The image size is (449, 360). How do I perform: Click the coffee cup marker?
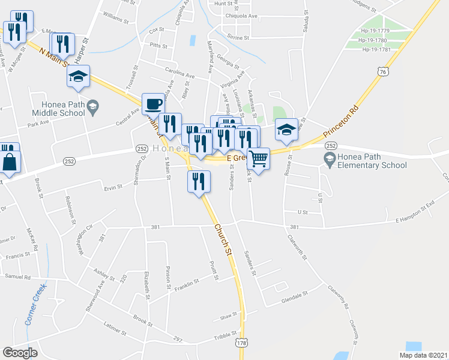pyautogui.click(x=152, y=103)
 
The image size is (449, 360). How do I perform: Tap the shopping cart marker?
pyautogui.click(x=258, y=158)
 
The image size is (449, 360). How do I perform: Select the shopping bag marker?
pyautogui.click(x=10, y=161)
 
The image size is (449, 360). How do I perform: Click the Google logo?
pyautogui.click(x=20, y=353)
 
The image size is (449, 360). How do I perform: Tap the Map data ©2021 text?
pyautogui.click(x=423, y=355)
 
